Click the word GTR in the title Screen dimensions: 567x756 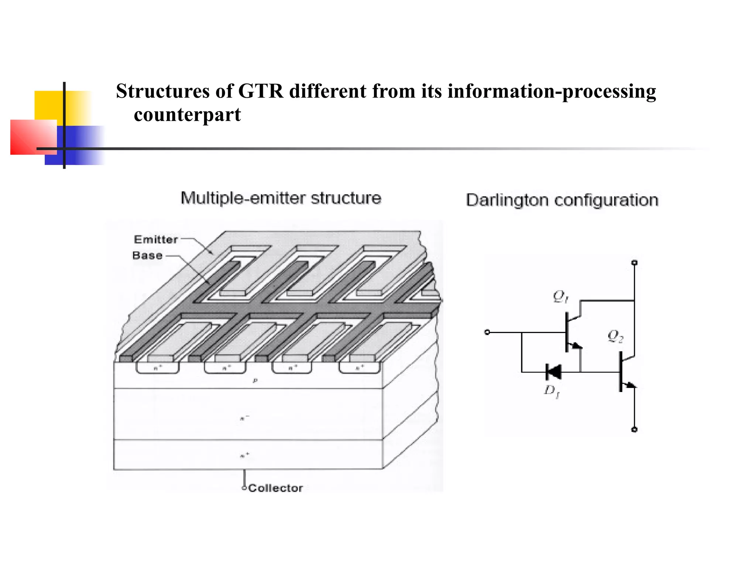[261, 91]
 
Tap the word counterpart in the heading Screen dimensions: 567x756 [187, 115]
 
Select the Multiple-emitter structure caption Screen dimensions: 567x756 [281, 198]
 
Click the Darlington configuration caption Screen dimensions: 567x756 [562, 200]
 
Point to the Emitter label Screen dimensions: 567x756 [156, 240]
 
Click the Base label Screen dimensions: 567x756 [147, 255]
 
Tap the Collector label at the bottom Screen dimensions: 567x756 [275, 488]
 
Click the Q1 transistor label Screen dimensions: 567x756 [560, 296]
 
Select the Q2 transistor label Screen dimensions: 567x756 [615, 336]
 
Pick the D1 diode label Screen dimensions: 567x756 [552, 391]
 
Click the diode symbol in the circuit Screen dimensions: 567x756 [553, 372]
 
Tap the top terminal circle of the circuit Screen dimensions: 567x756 [634, 263]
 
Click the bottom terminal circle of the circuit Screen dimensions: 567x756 [634, 430]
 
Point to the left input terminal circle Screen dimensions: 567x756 [487, 332]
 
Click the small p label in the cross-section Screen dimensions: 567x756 [255, 381]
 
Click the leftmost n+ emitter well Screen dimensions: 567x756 [158, 368]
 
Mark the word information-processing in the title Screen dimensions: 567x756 [551, 91]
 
